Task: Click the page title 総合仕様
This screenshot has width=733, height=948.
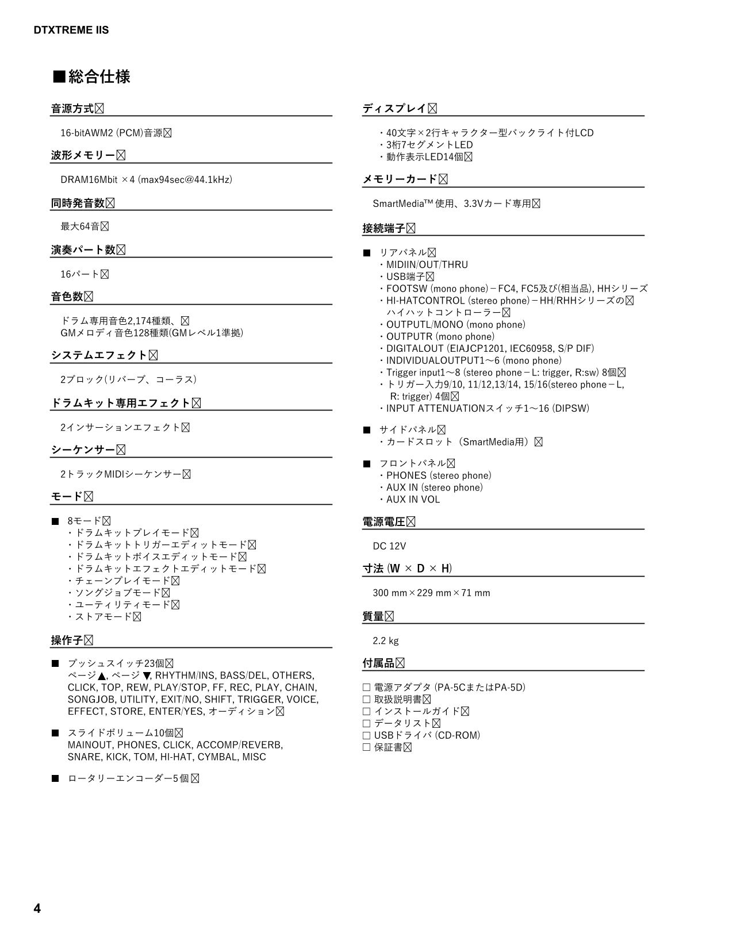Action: click(99, 76)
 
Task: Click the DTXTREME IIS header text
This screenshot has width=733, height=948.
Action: click(71, 30)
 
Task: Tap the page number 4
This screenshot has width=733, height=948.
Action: click(37, 908)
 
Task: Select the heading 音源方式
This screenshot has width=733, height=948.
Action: click(72, 109)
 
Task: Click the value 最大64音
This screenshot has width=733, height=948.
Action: click(80, 227)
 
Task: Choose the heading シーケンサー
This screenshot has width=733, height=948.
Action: click(83, 450)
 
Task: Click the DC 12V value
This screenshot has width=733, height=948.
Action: click(389, 546)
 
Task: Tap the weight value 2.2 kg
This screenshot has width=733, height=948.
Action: click(385, 640)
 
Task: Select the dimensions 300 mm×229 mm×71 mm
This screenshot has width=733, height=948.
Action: click(431, 593)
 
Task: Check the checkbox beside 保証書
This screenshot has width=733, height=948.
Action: click(366, 747)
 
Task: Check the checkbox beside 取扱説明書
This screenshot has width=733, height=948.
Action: click(366, 700)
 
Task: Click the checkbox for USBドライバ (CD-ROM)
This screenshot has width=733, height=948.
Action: click(366, 735)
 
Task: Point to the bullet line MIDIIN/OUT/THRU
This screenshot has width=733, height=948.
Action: click(427, 265)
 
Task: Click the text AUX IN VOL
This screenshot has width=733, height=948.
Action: click(413, 500)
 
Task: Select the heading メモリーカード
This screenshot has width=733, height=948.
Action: click(400, 179)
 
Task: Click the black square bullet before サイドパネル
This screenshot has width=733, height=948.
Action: click(367, 430)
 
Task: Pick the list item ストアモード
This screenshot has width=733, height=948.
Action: click(103, 617)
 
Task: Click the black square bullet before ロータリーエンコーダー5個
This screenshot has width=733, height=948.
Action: click(55, 779)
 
